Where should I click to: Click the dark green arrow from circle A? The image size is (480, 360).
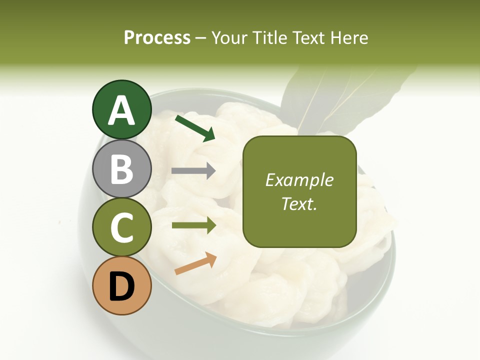(195, 128)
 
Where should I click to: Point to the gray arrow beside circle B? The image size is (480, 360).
(193, 171)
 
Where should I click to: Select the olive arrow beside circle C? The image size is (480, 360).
(193, 225)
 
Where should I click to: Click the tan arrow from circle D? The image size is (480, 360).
(195, 263)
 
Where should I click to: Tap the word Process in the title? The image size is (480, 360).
(157, 38)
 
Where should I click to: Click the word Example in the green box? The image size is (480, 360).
(299, 180)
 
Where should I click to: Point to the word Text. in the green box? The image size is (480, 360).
(299, 203)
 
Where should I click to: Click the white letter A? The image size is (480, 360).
(122, 111)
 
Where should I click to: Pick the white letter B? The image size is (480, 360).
(122, 169)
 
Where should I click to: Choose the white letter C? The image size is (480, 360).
(122, 228)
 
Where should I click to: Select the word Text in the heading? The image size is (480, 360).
(309, 38)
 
